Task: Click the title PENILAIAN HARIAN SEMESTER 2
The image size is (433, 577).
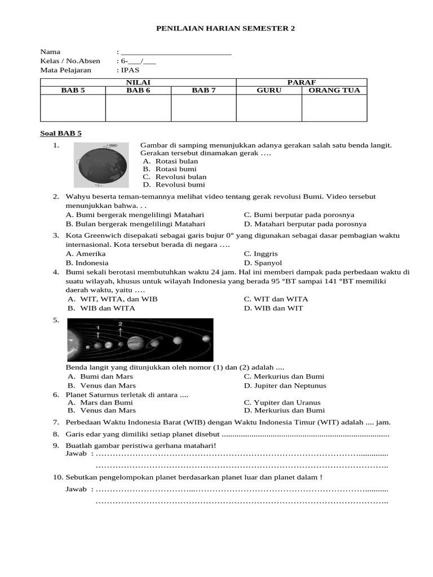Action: coord(217,28)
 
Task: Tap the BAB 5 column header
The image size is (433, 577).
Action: coord(73,90)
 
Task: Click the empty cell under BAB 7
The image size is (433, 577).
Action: coord(204,108)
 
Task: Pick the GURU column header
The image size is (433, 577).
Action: coord(268,90)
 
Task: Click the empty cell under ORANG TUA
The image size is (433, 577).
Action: coord(334,108)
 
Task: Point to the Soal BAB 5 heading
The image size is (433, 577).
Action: coord(61,134)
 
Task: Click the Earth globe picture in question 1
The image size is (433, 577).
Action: coord(100,165)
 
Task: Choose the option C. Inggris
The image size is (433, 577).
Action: coord(260,254)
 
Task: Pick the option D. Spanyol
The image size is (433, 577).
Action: coord(263,263)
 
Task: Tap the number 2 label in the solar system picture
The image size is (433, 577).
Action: coord(120,324)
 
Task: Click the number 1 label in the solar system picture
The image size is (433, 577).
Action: coord(98,327)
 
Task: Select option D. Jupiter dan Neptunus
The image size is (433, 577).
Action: coord(285,386)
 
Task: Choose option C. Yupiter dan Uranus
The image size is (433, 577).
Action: coord(282,403)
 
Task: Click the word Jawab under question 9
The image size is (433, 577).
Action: coord(77,454)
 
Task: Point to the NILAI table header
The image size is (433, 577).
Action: coord(138,82)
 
